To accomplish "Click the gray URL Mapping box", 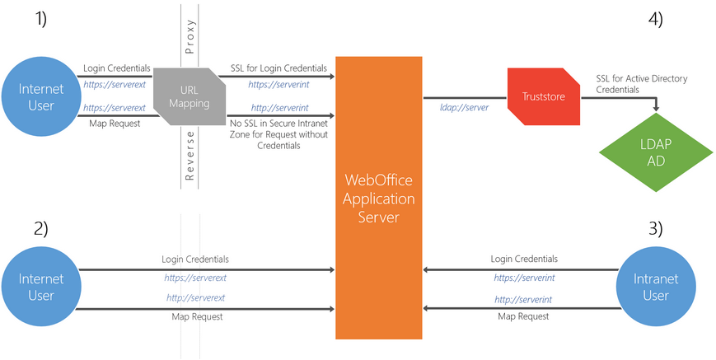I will (x=189, y=96).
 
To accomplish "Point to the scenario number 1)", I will (x=39, y=18).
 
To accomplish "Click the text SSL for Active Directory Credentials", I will (x=641, y=84).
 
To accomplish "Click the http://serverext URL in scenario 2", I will (x=196, y=297).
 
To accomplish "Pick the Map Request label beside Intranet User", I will (x=523, y=316).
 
